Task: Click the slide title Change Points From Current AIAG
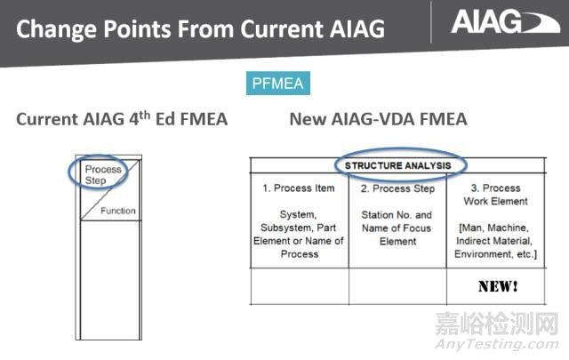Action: click(200, 28)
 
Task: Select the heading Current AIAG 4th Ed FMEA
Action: click(122, 119)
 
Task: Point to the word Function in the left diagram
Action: click(117, 211)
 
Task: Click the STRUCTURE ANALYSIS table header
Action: click(398, 165)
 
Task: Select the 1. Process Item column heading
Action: click(299, 188)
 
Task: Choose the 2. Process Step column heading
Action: click(397, 188)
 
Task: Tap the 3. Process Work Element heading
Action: click(496, 195)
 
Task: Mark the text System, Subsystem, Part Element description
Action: click(299, 234)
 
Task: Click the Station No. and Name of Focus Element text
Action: click(397, 228)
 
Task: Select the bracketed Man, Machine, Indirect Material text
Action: click(496, 240)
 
